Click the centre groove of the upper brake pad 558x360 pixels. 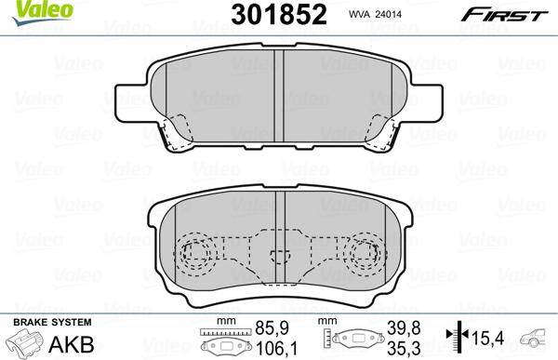coord(281,93)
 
